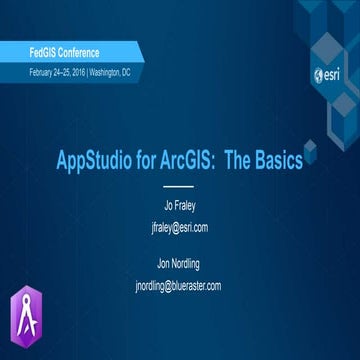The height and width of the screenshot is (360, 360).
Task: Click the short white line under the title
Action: coord(177,186)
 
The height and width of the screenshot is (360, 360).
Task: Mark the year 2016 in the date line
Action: coord(91,74)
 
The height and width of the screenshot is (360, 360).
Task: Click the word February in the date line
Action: coord(44,74)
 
